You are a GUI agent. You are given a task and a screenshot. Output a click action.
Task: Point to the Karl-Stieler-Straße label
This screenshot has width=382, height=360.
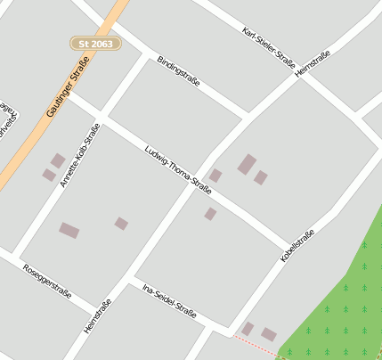click(x=268, y=45)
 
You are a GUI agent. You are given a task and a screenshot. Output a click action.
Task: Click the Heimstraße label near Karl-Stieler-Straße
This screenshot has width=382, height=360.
click(x=312, y=64)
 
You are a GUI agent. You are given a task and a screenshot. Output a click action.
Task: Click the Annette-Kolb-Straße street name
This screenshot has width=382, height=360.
click(x=80, y=155)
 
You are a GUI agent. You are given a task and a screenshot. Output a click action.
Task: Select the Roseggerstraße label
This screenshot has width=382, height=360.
click(x=47, y=277)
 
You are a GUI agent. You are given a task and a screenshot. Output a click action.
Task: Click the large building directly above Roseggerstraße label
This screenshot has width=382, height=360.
click(x=69, y=231)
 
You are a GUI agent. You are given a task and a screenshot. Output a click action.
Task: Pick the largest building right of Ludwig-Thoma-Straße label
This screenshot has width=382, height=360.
click(x=247, y=164)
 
